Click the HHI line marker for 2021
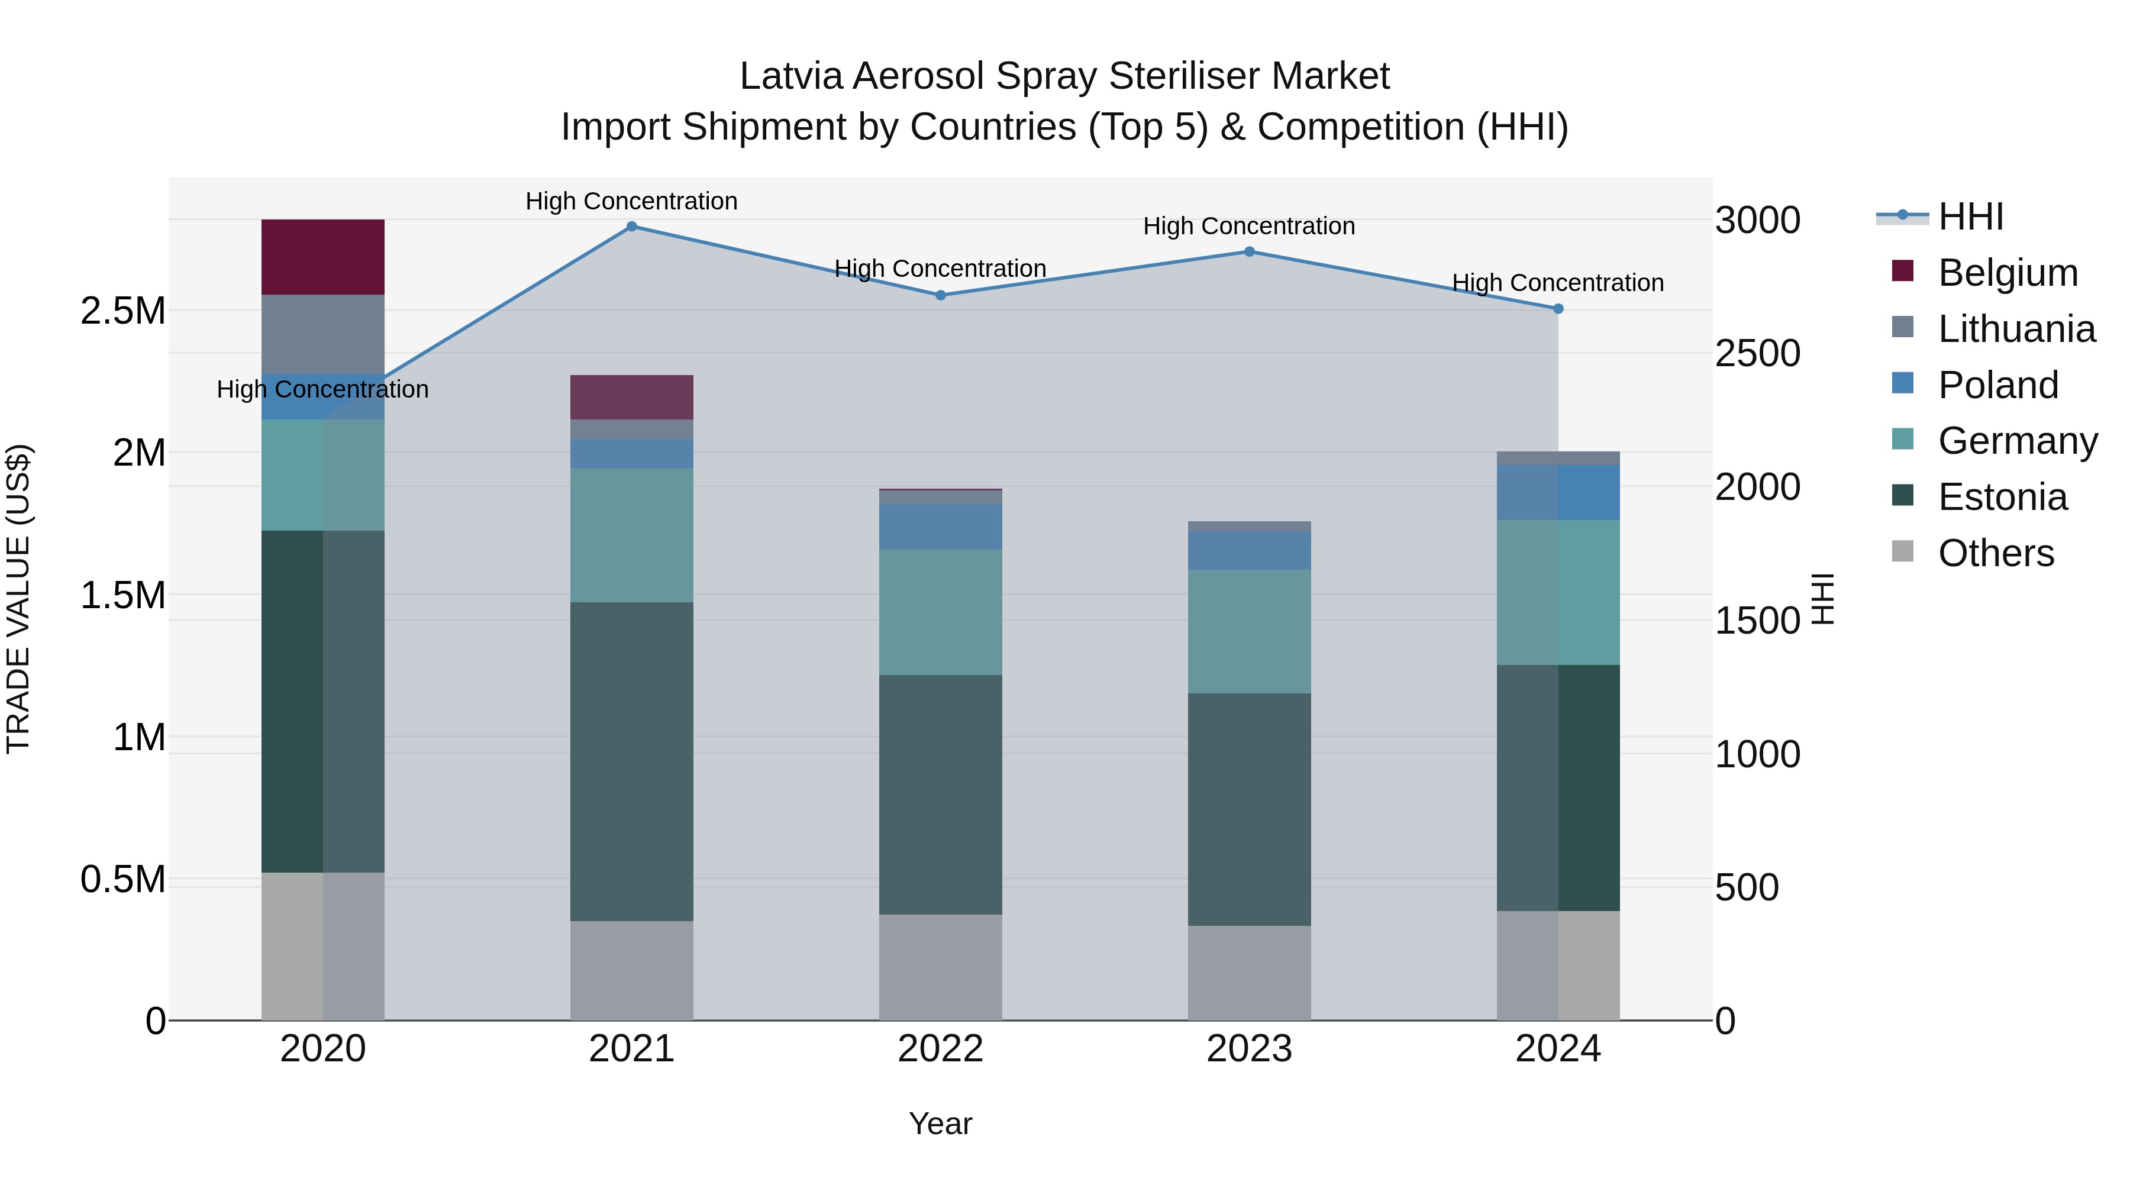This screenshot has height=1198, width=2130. (632, 227)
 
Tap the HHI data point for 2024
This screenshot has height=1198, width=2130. (1558, 308)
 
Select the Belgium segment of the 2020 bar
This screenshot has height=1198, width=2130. (322, 257)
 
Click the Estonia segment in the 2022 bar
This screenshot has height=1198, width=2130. (940, 794)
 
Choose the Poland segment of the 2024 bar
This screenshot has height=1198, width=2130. (1558, 492)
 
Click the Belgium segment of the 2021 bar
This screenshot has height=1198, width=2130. (632, 397)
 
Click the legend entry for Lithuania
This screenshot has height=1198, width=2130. (2015, 329)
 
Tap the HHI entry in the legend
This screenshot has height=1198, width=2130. (1970, 217)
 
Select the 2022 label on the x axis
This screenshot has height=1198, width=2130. (940, 1049)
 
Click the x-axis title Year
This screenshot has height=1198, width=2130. (940, 1123)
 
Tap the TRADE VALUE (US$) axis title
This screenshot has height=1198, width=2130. (18, 599)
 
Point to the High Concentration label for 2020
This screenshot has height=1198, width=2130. (322, 389)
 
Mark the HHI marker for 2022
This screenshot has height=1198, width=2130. (940, 295)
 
